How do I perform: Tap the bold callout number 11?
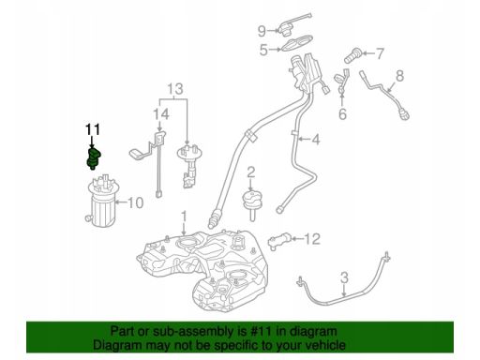pos(93,130)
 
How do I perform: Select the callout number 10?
pos(135,202)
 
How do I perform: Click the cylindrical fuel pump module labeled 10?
pos(101,202)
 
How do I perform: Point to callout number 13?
pos(175,89)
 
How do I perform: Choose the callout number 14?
pos(161,114)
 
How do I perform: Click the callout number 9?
pos(262,31)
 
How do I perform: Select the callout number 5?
pos(263,50)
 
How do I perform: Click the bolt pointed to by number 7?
pos(352,55)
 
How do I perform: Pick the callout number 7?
pos(380,53)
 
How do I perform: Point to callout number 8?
pos(399,76)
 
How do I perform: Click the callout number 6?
pos(342,114)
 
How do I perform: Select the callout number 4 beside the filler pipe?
pos(316,139)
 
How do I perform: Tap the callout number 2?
pos(251,172)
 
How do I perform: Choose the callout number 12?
pos(312,239)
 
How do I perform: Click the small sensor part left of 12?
pos(279,242)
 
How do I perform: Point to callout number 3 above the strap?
pos(344,277)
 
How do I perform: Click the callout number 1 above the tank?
pos(184,217)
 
